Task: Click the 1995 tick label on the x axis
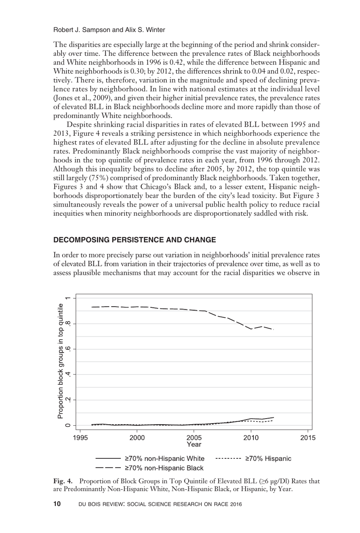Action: pyautogui.click(x=80, y=438)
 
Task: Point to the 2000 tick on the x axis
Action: pyautogui.click(x=137, y=438)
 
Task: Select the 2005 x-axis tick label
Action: pyautogui.click(x=194, y=438)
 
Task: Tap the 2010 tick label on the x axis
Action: pyautogui.click(x=251, y=438)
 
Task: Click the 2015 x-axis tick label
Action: pyautogui.click(x=308, y=438)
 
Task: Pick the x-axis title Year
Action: pyautogui.click(x=194, y=444)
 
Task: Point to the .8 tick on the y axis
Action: pyautogui.click(x=68, y=323)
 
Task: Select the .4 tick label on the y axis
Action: pyautogui.click(x=68, y=375)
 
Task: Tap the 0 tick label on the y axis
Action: pyautogui.click(x=68, y=425)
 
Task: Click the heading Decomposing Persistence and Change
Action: pyautogui.click(x=135, y=240)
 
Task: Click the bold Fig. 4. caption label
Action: pyautogui.click(x=63, y=481)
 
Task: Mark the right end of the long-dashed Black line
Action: pyautogui.click(x=273, y=329)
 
